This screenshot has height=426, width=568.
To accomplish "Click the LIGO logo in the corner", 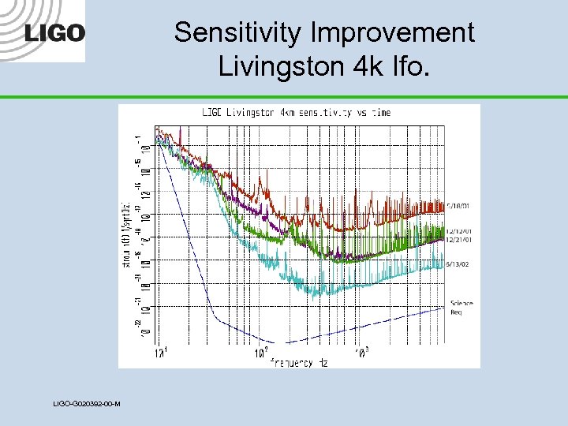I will (x=54, y=33).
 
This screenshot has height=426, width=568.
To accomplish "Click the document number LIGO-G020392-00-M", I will (x=87, y=404).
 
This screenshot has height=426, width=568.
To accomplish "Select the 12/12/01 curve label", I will (x=459, y=230).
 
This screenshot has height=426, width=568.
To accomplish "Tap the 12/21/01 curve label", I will (x=459, y=238).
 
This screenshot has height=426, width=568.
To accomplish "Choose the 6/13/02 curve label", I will (x=458, y=263).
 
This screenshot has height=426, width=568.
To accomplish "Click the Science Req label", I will (x=461, y=307).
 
